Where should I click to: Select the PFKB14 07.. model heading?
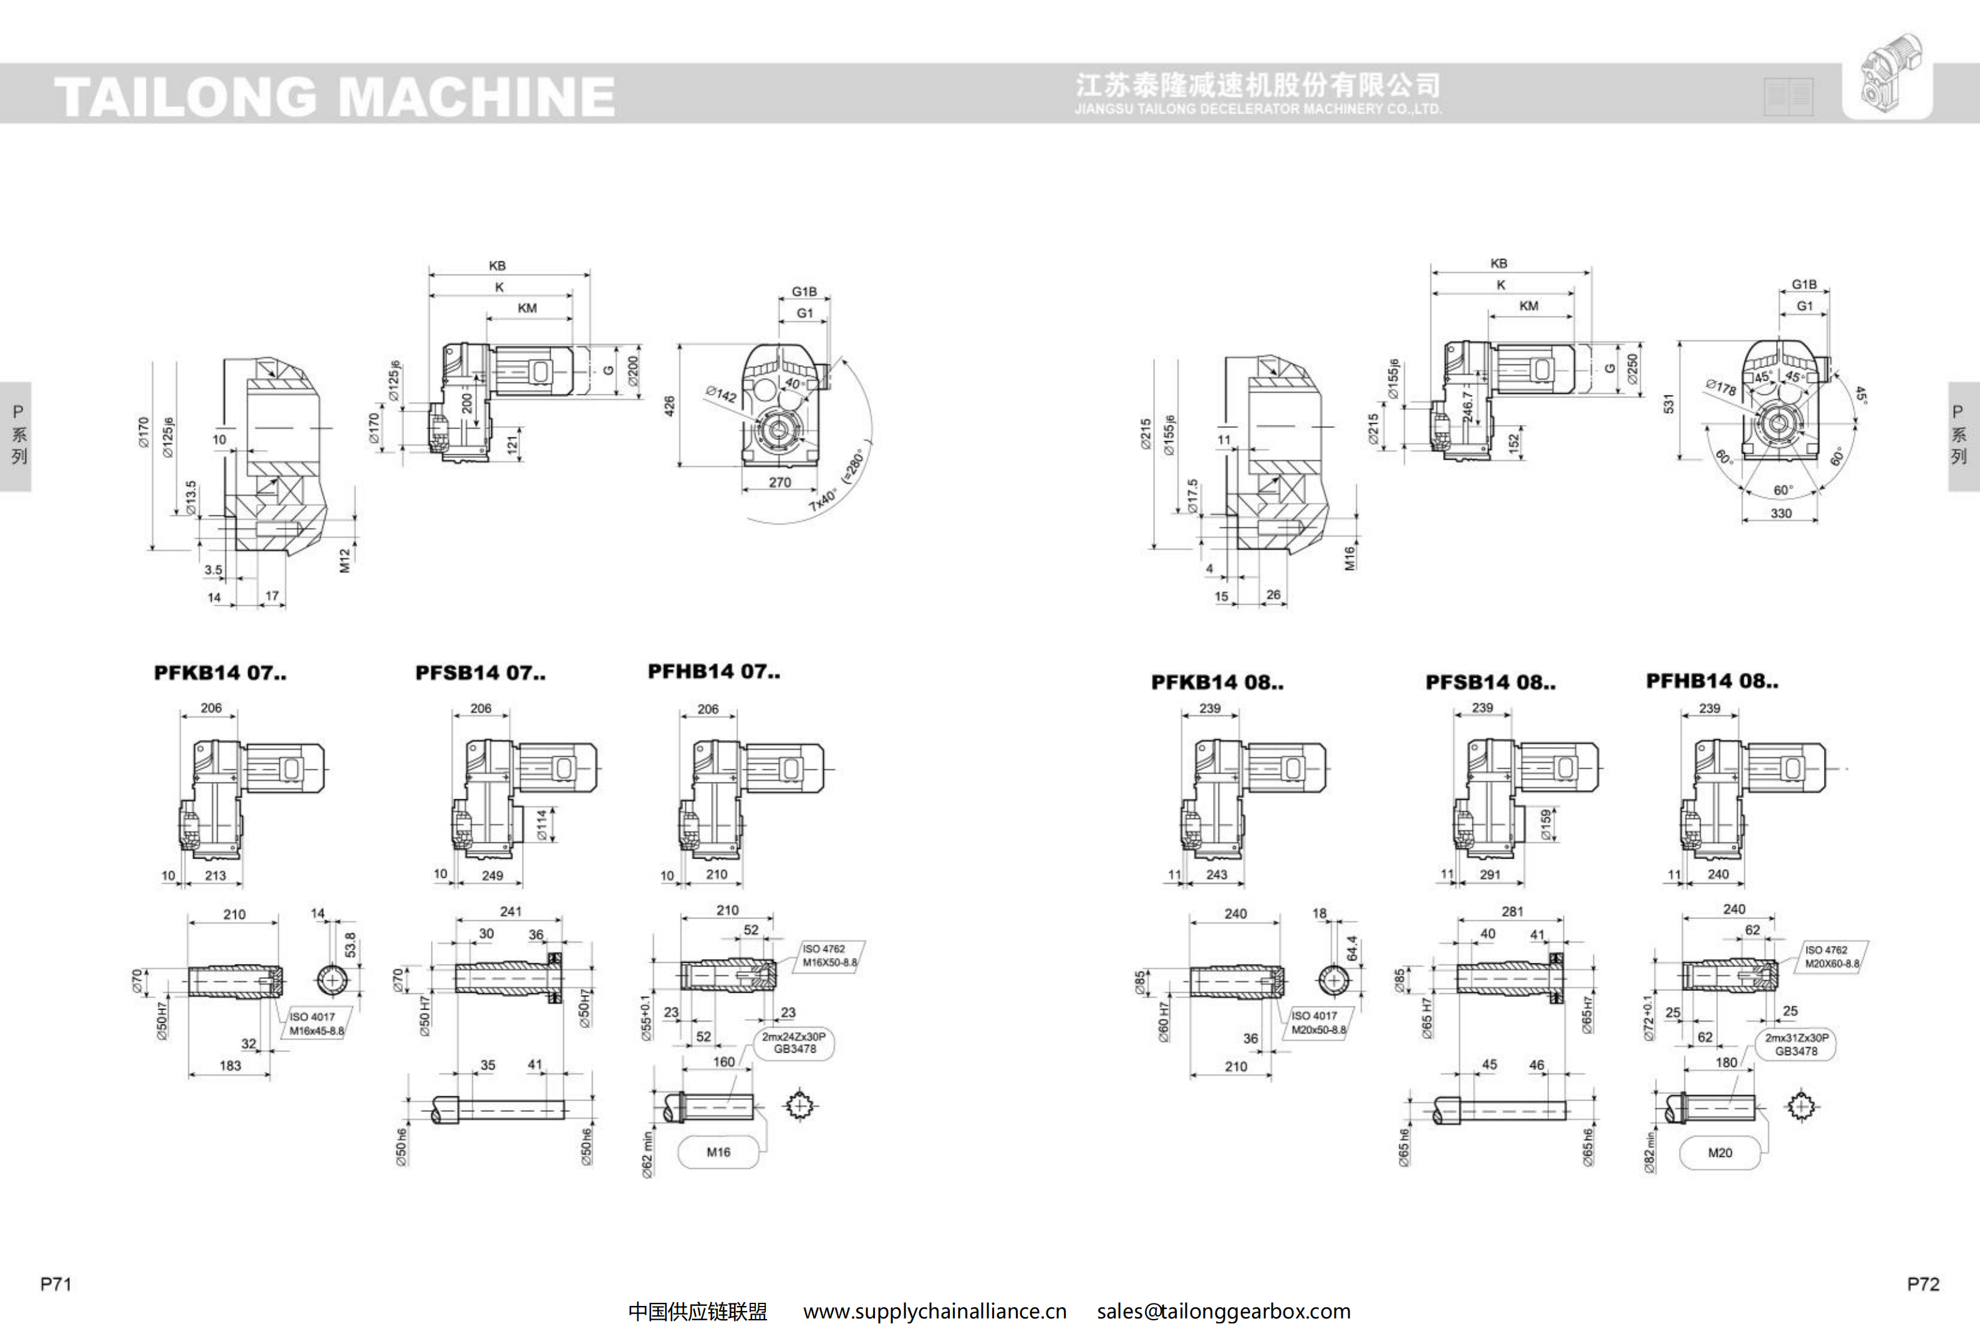[x=220, y=673]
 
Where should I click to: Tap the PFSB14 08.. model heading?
[x=1490, y=683]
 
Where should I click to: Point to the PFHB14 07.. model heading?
[x=713, y=671]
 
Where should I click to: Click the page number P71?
[x=56, y=1283]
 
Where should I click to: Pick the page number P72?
[x=1922, y=1283]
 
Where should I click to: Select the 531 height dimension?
[x=1669, y=403]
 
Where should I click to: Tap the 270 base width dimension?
[x=780, y=482]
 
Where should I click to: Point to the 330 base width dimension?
[x=1780, y=513]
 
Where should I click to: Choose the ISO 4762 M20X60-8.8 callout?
[x=1832, y=957]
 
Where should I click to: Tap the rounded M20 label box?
[x=1719, y=1153]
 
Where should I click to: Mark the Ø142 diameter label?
[x=721, y=394]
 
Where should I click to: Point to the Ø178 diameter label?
[x=1720, y=387]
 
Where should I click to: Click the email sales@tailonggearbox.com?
[x=1224, y=1312]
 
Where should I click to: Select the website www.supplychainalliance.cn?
[x=935, y=1312]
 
